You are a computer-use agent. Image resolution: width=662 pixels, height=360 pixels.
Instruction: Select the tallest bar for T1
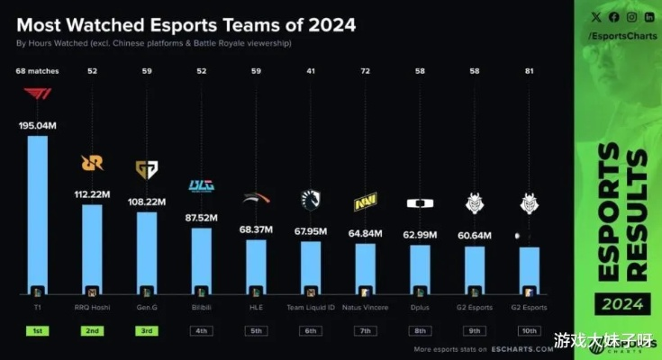click(x=38, y=216)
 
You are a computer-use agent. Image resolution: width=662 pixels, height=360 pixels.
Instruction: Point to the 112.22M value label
click(x=92, y=193)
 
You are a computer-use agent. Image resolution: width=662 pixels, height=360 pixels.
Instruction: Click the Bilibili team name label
click(x=201, y=307)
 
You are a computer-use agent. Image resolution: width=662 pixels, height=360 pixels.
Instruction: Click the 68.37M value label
click(x=256, y=230)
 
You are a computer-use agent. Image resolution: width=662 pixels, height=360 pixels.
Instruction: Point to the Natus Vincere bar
click(x=365, y=270)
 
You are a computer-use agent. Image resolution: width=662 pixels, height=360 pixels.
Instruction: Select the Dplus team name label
click(x=420, y=307)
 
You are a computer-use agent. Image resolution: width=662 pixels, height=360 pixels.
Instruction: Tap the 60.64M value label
click(x=474, y=237)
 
